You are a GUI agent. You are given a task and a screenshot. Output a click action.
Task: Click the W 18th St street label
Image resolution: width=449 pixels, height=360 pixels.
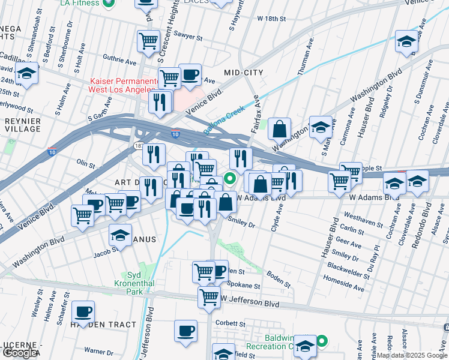[x=271, y=19]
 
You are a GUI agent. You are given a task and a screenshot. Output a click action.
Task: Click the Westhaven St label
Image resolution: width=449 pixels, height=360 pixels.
[x=364, y=219]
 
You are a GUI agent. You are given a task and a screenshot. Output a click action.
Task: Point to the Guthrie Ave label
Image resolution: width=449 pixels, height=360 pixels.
[x=120, y=61]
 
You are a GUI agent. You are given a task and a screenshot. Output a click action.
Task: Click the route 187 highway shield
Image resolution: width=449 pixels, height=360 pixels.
[x=138, y=146]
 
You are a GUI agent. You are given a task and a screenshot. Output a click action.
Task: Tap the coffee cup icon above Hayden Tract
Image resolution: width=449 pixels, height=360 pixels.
[x=83, y=311]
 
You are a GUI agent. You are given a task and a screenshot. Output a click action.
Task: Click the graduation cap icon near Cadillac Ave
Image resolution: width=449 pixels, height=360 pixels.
[x=26, y=73]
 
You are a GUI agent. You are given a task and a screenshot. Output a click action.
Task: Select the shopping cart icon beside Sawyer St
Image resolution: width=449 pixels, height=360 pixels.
[x=148, y=41]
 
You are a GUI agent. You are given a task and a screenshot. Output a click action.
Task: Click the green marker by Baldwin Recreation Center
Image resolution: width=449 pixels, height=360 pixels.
[x=322, y=342]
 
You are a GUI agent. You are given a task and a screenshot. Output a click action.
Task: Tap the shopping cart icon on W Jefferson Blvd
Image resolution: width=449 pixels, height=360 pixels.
[x=209, y=296]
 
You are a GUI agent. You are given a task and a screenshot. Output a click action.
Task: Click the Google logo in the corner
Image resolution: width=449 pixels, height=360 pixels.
[x=19, y=353]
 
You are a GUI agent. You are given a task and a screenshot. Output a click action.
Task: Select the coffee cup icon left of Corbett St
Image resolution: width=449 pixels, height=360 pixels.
[x=185, y=330]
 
